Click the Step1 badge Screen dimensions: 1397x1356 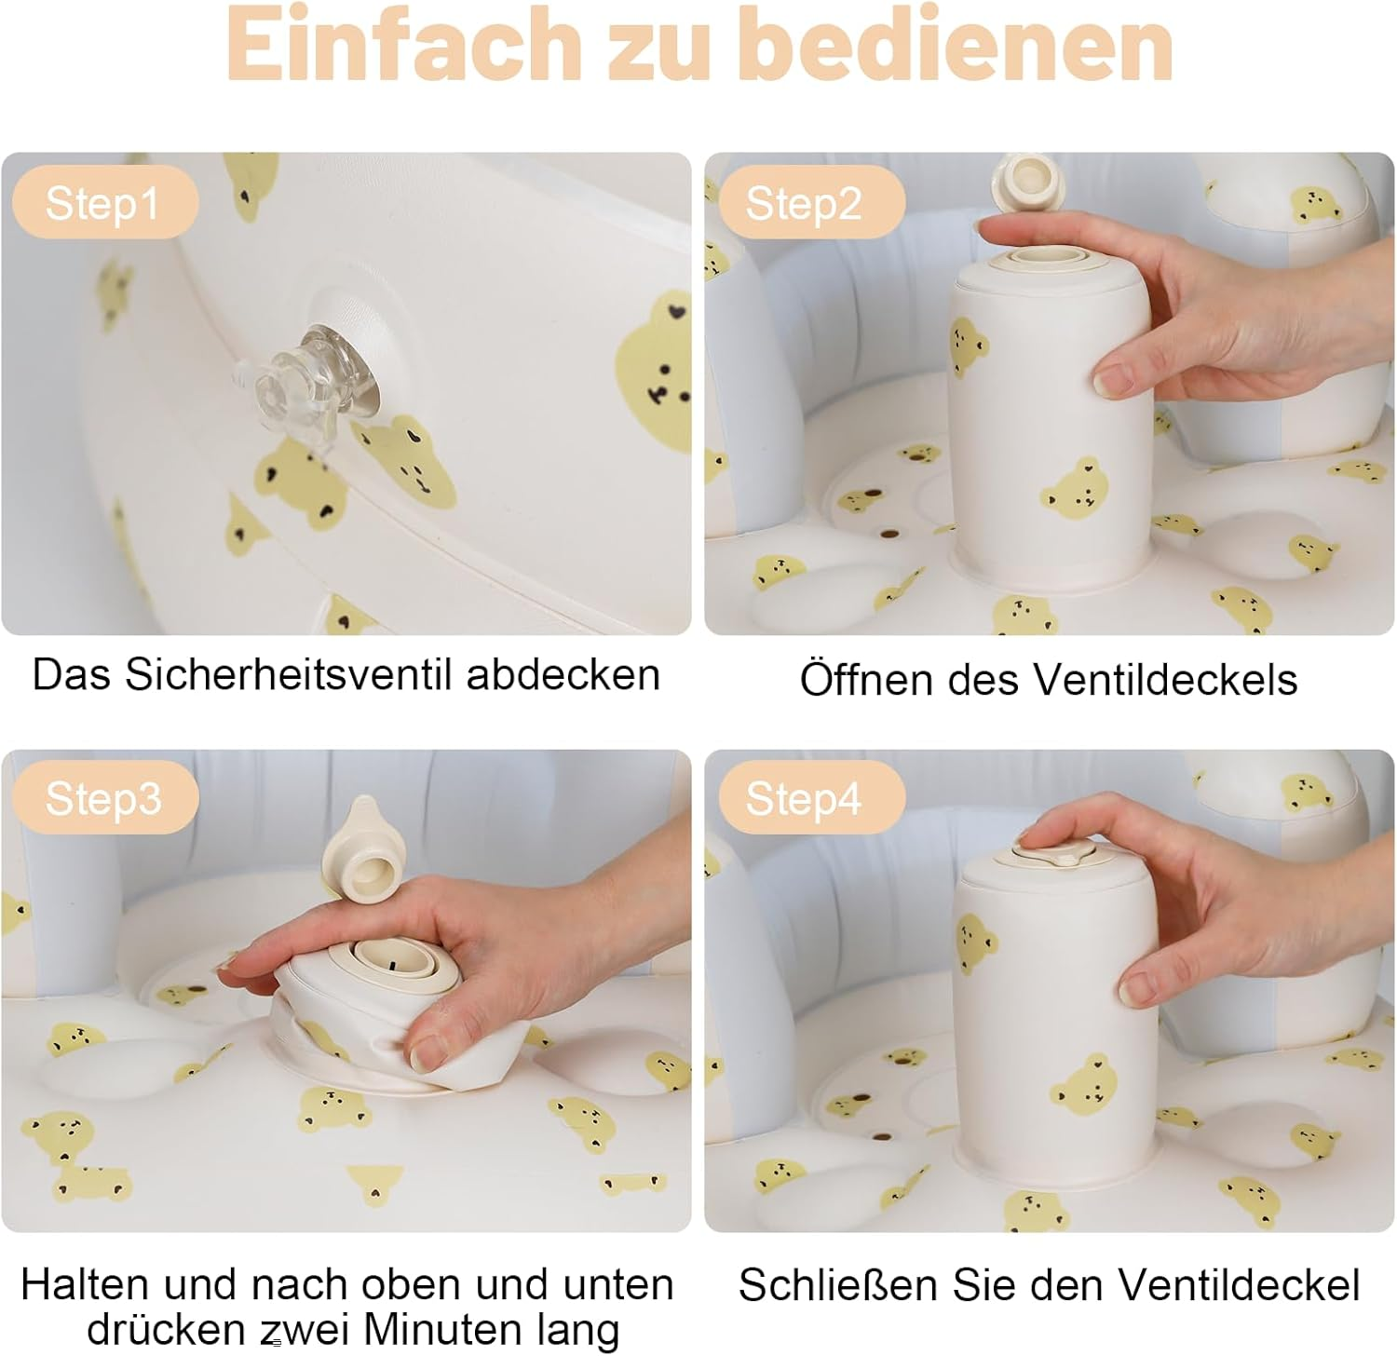point(104,203)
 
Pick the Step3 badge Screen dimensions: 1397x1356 point(104,798)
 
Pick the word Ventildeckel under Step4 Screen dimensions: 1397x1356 point(1239,1284)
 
